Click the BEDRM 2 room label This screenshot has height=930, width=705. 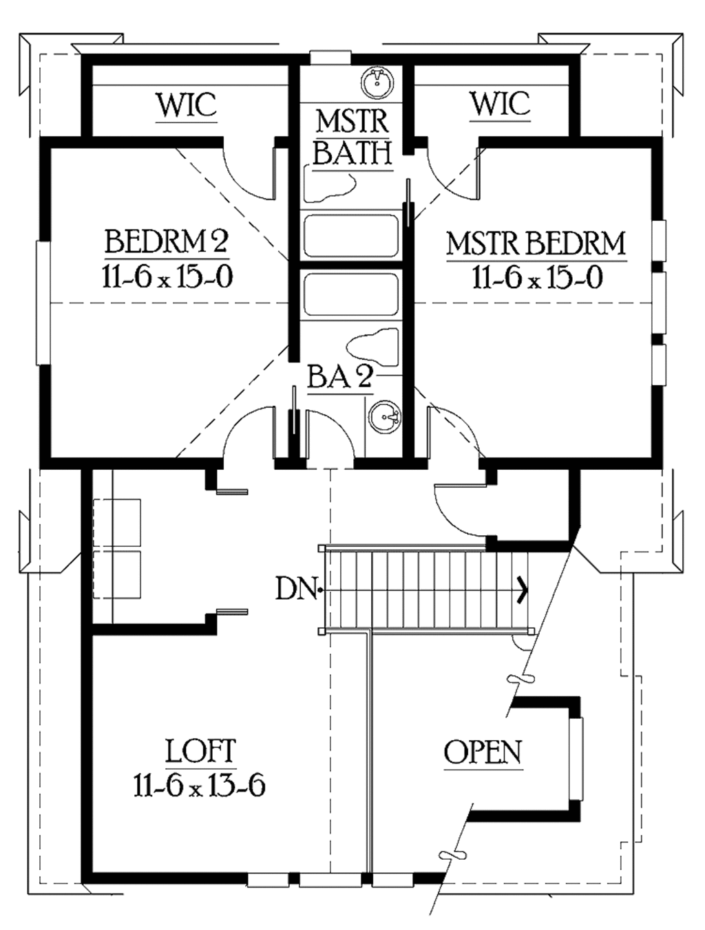[167, 242]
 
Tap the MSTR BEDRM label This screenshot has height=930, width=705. [536, 244]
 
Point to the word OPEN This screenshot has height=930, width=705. [483, 753]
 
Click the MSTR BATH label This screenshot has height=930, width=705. [352, 137]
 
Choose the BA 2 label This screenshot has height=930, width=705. [340, 378]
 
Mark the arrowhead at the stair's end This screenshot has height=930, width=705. [524, 589]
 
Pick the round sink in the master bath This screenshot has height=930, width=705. [377, 83]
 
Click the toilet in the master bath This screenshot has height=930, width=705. [331, 187]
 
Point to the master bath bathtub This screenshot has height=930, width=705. [351, 235]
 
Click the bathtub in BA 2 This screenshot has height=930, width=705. [351, 295]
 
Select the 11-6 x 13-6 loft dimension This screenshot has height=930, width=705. [200, 785]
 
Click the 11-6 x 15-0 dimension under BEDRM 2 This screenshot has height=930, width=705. [167, 277]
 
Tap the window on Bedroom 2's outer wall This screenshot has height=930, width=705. [43, 303]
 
